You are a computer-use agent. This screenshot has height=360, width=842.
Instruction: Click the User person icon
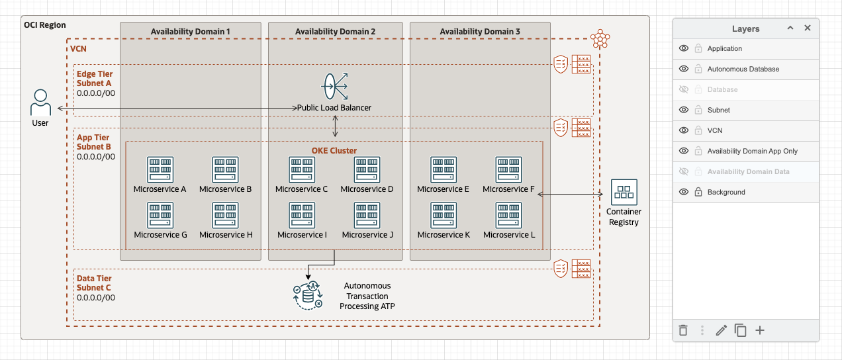tap(40, 103)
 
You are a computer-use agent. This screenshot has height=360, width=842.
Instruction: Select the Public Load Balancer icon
tap(334, 86)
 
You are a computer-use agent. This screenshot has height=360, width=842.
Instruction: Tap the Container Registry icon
tap(624, 192)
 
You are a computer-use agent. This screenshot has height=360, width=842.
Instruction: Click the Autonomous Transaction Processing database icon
tap(308, 295)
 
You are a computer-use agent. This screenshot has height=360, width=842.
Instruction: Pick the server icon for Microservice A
tap(160, 169)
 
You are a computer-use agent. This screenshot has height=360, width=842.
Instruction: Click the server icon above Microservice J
tap(367, 215)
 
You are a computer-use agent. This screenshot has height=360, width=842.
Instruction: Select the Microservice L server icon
tap(508, 215)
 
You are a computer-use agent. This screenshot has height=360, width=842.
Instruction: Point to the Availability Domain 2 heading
tap(335, 32)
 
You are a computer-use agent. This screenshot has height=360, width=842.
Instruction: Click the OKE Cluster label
tap(334, 151)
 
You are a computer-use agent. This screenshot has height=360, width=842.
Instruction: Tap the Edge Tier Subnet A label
tap(94, 78)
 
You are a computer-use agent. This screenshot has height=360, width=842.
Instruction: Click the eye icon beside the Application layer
tap(684, 48)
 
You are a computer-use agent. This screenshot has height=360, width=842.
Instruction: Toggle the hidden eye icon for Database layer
tap(684, 89)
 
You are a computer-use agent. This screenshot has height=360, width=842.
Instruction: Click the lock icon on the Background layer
tap(698, 192)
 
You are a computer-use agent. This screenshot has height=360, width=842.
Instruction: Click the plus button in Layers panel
tap(760, 330)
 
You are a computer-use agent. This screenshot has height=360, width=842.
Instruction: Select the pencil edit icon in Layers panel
tap(722, 330)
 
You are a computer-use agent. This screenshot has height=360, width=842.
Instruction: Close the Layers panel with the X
tap(807, 28)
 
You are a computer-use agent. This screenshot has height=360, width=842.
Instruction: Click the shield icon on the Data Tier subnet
tap(561, 269)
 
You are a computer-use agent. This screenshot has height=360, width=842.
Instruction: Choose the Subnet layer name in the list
tap(719, 110)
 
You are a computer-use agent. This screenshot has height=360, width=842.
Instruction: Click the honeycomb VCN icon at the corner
tap(600, 39)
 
